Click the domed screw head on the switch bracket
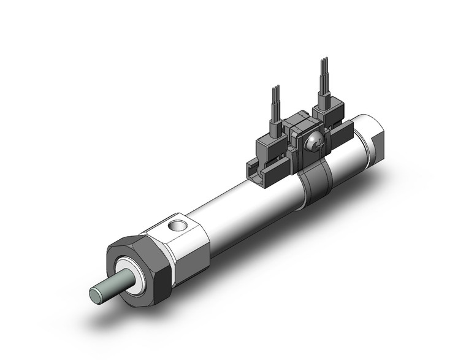click(312, 144)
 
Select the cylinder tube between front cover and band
click(251, 209)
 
